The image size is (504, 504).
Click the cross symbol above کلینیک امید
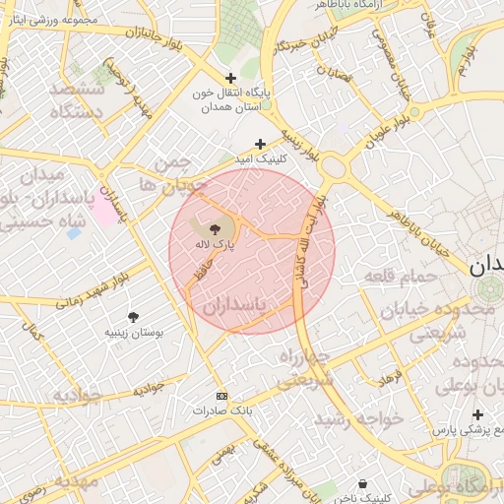pos(260,143)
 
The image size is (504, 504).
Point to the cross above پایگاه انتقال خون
pos(230,78)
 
